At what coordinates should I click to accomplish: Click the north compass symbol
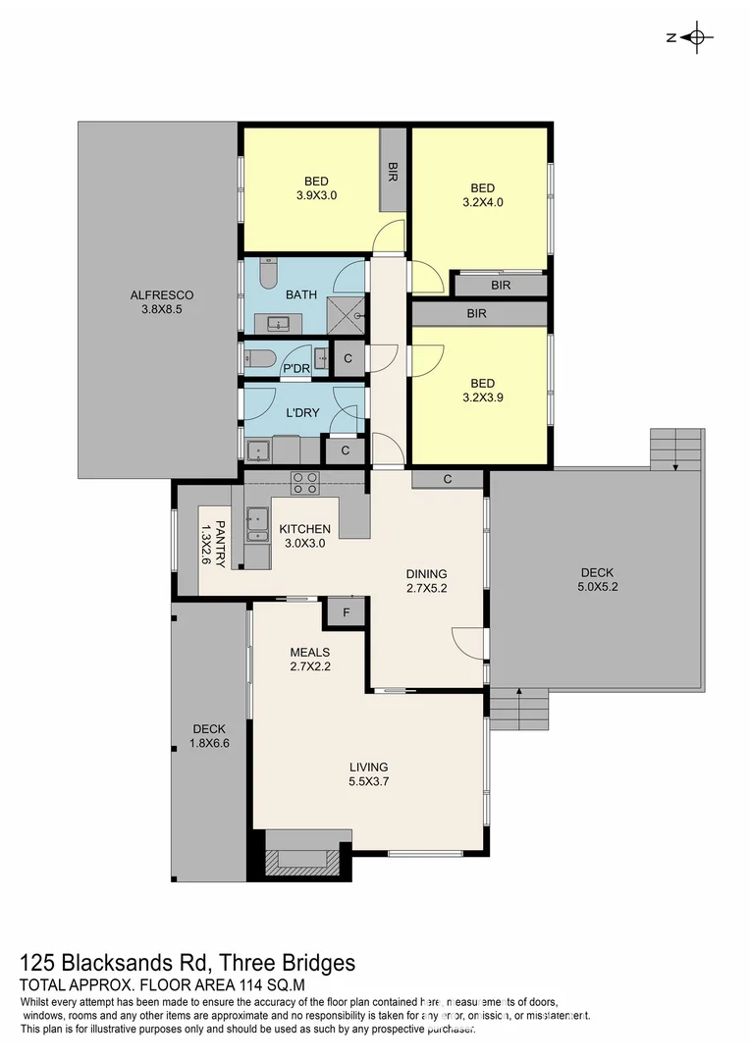pyautogui.click(x=697, y=38)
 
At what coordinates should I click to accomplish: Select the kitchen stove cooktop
pyautogui.click(x=304, y=482)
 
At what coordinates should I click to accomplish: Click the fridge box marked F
pyautogui.click(x=345, y=612)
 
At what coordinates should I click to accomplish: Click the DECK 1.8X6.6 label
pyautogui.click(x=209, y=736)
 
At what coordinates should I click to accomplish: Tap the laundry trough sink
pyautogui.click(x=259, y=451)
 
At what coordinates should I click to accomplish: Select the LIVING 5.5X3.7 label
pyautogui.click(x=368, y=774)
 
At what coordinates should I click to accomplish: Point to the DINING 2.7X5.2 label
pyautogui.click(x=427, y=582)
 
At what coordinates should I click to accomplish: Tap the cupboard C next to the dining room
pyautogui.click(x=447, y=479)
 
